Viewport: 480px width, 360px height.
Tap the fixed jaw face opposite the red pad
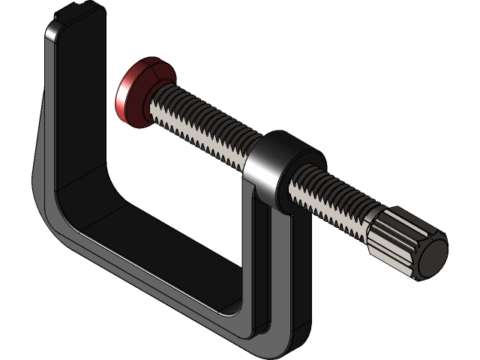79,97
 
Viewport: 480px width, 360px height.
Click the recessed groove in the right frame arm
259,262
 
